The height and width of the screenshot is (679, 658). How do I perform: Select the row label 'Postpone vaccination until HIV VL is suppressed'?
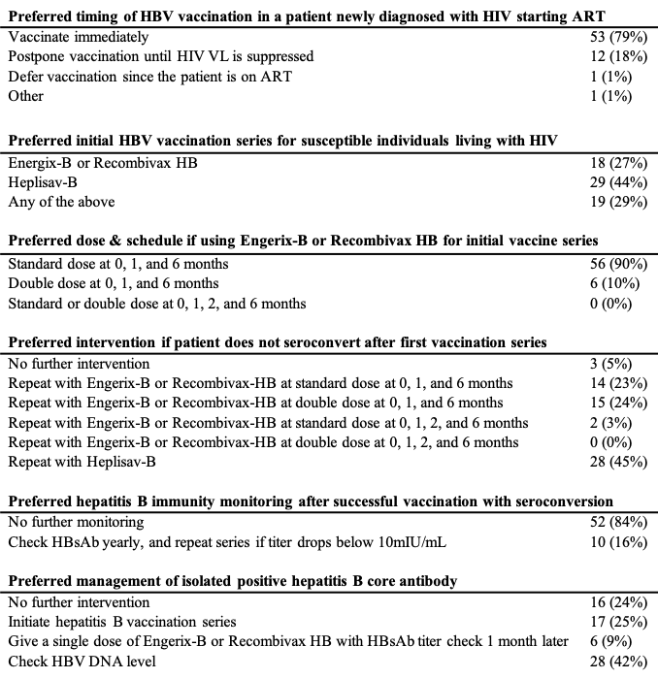click(161, 56)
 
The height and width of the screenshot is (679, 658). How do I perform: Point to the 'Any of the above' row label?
click(61, 202)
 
